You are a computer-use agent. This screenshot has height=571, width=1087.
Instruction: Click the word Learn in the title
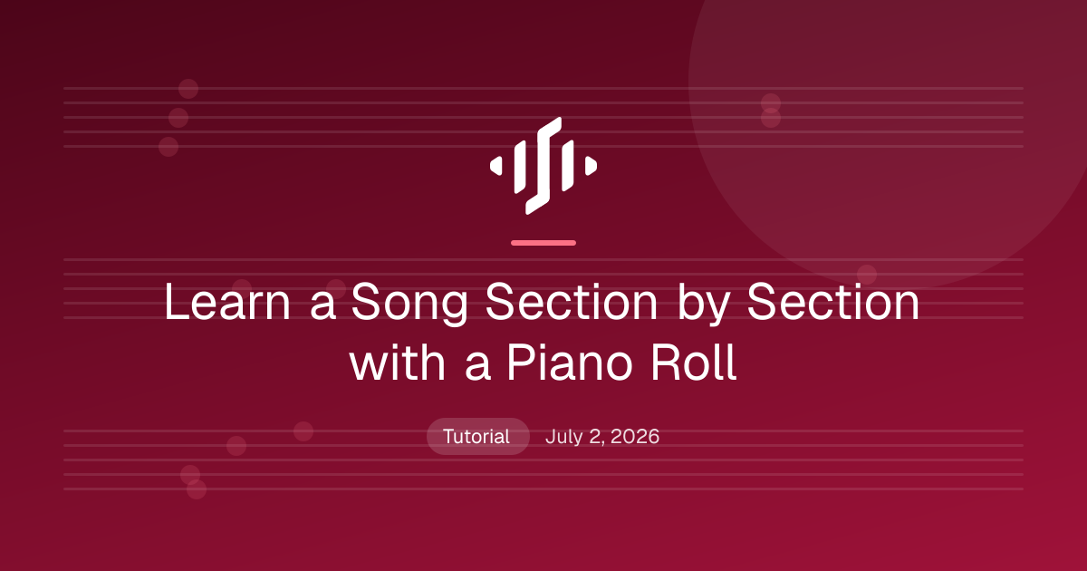(227, 302)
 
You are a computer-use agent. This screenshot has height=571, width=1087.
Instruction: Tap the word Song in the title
(409, 305)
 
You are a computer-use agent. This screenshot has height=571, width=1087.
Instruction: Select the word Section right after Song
(572, 302)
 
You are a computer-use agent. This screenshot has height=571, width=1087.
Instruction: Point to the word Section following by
(833, 302)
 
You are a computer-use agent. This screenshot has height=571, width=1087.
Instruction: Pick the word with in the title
(397, 363)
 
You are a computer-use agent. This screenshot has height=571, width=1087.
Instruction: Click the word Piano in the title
(570, 363)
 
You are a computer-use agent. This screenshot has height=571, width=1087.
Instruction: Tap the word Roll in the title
(694, 363)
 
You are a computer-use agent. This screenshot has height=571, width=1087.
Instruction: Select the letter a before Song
(323, 307)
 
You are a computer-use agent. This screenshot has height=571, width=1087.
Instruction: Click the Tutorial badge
(477, 437)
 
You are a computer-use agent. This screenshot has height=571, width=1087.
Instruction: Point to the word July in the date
(563, 438)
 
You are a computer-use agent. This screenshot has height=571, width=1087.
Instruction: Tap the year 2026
(635, 437)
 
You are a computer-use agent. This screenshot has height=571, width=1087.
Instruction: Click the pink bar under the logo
(543, 243)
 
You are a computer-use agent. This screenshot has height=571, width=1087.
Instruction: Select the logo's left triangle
(496, 166)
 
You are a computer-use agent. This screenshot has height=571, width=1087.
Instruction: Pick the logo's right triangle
(591, 166)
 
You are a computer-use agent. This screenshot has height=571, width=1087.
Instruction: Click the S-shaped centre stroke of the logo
(543, 166)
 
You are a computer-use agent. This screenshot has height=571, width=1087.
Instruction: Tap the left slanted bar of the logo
(520, 167)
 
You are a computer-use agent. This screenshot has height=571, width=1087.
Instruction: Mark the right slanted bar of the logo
(567, 165)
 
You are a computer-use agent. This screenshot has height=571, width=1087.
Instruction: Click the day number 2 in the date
(596, 437)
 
